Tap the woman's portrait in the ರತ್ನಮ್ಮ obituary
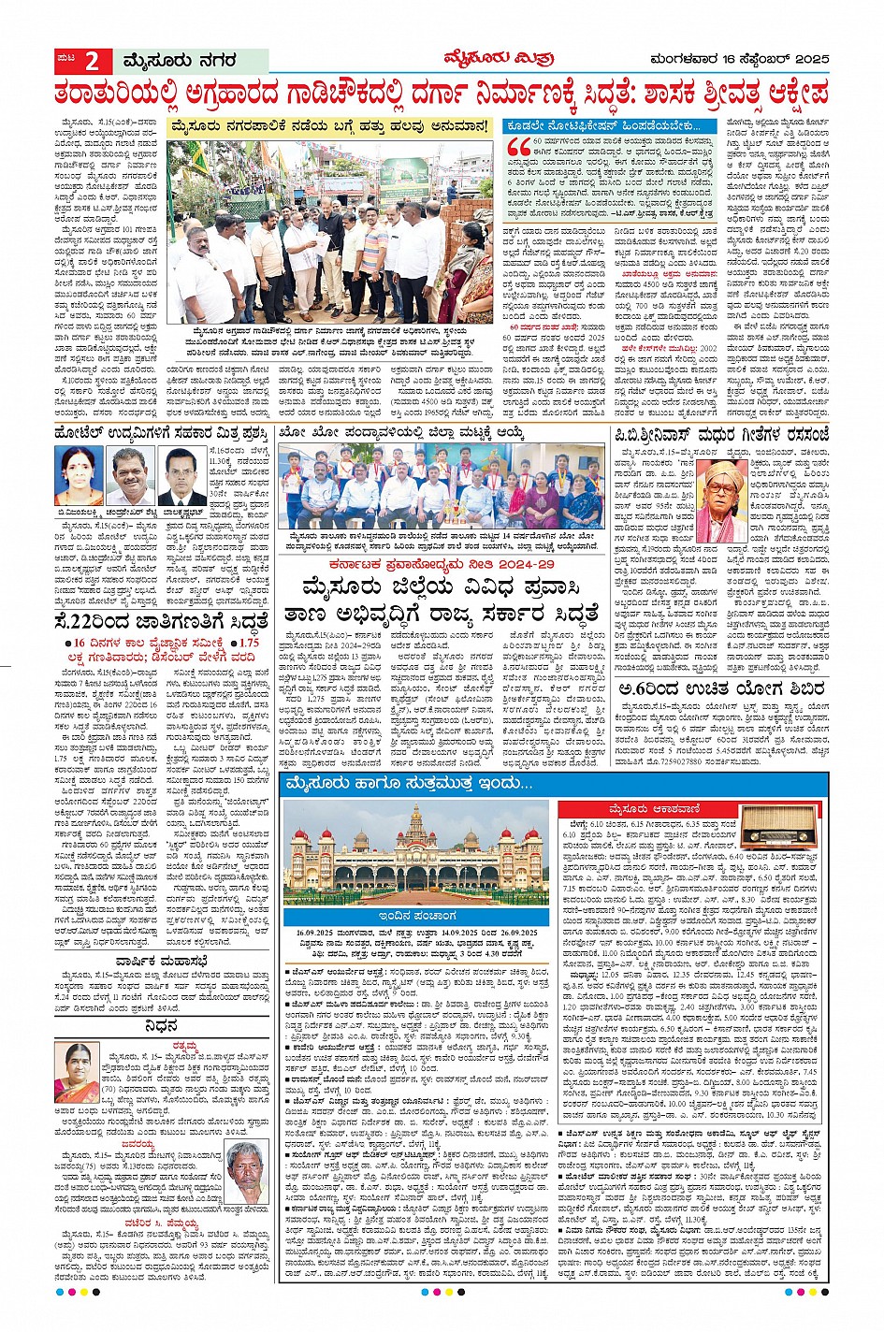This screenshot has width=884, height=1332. (x=78, y=1073)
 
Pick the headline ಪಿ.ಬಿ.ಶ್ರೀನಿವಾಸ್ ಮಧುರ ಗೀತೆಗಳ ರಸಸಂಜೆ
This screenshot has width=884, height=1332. (x=721, y=434)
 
